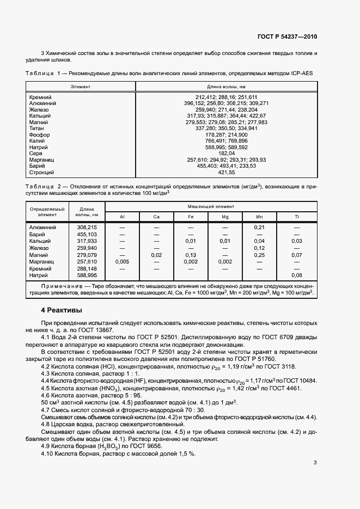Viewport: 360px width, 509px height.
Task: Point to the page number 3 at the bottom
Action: tap(315, 463)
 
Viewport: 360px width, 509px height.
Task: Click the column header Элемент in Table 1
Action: tap(81, 87)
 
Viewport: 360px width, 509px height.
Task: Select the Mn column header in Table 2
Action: tap(260, 217)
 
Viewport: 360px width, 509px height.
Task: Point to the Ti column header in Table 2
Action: tap(297, 217)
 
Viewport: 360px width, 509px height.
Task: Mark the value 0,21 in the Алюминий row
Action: tap(260, 227)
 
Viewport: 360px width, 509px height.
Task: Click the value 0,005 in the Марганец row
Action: tap(123, 262)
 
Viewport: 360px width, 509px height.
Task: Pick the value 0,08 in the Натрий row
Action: tap(297, 275)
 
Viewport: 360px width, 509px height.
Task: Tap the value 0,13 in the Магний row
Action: tap(191, 255)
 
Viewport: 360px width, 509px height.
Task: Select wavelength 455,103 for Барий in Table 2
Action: tap(87, 234)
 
